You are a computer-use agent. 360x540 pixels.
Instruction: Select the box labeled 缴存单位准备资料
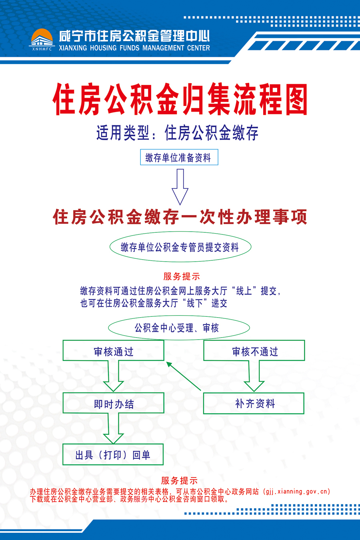pyautogui.click(x=179, y=157)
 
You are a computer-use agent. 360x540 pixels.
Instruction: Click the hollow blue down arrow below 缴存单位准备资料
pyautogui.click(x=180, y=187)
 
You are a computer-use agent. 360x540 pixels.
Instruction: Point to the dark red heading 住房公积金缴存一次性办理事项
pyautogui.click(x=180, y=217)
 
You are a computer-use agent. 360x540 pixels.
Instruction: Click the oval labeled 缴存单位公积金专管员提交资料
pyautogui.click(x=180, y=247)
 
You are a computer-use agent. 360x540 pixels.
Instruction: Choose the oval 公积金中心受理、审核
pyautogui.click(x=179, y=328)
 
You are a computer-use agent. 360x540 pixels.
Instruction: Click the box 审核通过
pyautogui.click(x=113, y=350)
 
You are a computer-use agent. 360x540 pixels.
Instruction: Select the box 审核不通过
pyautogui.click(x=254, y=350)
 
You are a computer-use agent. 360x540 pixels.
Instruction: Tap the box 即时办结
pyautogui.click(x=113, y=403)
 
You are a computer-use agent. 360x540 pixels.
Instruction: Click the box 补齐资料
pyautogui.click(x=254, y=404)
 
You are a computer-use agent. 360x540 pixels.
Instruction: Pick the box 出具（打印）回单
pyautogui.click(x=113, y=454)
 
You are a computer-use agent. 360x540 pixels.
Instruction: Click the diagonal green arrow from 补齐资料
pyautogui.click(x=184, y=376)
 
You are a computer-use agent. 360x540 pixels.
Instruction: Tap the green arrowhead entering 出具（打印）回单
pyautogui.click(x=113, y=438)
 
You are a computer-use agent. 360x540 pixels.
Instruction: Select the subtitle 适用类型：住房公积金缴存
pyautogui.click(x=177, y=133)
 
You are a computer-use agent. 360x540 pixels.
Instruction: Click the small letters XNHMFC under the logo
pyautogui.click(x=42, y=49)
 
